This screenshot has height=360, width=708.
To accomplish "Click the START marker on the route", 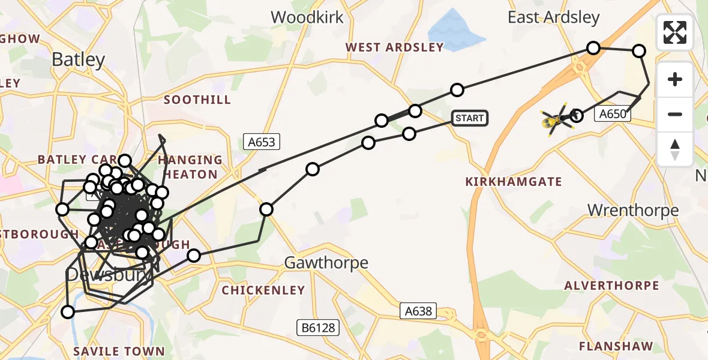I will tap(469, 118).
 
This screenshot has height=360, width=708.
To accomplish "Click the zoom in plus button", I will tap(675, 80).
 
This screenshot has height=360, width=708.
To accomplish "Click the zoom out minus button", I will tap(675, 115).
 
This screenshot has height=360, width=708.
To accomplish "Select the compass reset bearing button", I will tap(675, 149).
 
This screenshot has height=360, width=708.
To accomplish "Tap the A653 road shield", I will tap(262, 142).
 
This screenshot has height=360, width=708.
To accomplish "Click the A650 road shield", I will tap(613, 114).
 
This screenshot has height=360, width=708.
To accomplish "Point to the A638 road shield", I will tap(418, 311).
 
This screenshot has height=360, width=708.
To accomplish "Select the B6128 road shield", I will tap(317, 328).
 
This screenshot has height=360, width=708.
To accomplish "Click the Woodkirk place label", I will tap(307, 17).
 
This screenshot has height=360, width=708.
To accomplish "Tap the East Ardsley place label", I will tap(553, 17).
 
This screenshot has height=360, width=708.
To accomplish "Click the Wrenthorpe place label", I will tap(633, 210).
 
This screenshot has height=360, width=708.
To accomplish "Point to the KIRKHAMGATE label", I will tap(514, 181).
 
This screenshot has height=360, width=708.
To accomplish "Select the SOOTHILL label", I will tap(197, 100).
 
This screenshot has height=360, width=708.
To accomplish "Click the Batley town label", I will tap(79, 59).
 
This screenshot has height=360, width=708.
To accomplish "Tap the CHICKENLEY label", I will tap(263, 290).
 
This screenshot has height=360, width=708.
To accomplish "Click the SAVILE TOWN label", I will tap(119, 351).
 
